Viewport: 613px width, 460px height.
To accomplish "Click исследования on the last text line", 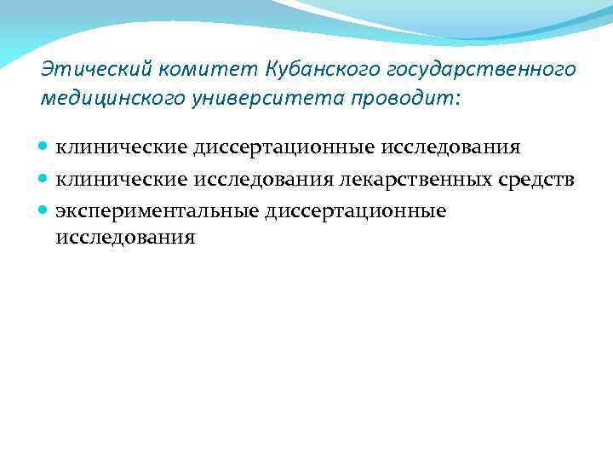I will click(x=125, y=238).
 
